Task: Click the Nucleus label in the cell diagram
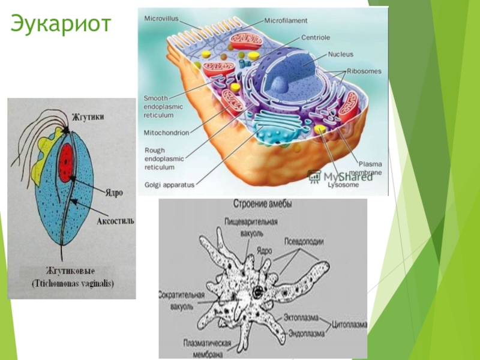[341, 54]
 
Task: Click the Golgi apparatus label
[170, 185]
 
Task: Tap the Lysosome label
[343, 185]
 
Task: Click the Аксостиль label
[115, 221]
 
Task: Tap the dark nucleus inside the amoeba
[257, 292]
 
